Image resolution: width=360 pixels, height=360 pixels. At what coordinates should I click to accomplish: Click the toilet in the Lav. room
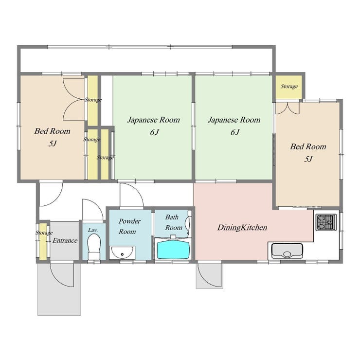(x=94, y=246)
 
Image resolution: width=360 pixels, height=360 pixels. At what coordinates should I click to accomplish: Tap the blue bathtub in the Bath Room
(x=174, y=250)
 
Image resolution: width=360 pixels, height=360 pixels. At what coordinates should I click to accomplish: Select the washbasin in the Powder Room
(x=122, y=252)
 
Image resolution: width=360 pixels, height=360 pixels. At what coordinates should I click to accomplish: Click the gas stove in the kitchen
(x=326, y=222)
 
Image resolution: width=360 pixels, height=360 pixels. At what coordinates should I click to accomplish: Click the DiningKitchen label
(x=242, y=228)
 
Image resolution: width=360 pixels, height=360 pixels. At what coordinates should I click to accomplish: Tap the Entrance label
(x=65, y=240)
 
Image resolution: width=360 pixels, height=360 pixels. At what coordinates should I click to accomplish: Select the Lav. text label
(x=93, y=230)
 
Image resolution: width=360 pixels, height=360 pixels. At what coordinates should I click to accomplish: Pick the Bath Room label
(x=174, y=222)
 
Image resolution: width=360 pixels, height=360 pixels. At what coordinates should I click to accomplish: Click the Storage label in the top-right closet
(x=289, y=86)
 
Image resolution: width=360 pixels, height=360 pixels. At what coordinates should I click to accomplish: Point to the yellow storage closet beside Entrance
(x=43, y=241)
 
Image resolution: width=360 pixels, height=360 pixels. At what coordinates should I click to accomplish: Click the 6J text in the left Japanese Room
(x=154, y=132)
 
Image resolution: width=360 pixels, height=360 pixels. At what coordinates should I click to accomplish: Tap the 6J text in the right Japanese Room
(x=235, y=132)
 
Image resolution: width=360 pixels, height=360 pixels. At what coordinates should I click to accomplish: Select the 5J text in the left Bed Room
(x=53, y=144)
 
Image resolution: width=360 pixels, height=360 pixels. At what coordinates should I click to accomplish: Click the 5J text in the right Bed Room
(x=308, y=159)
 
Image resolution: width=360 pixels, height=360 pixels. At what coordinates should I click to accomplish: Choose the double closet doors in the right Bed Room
(x=288, y=108)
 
